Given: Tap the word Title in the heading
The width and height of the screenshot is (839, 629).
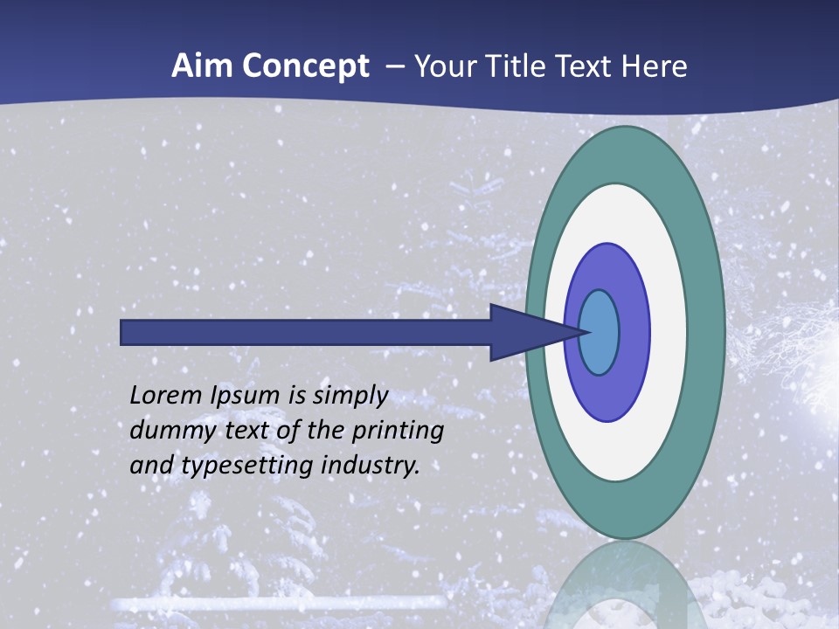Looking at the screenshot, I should click(x=519, y=66).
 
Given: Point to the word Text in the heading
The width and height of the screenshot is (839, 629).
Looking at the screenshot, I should click(x=588, y=66).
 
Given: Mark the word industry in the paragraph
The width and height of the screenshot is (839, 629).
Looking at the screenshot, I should click(x=371, y=466).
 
